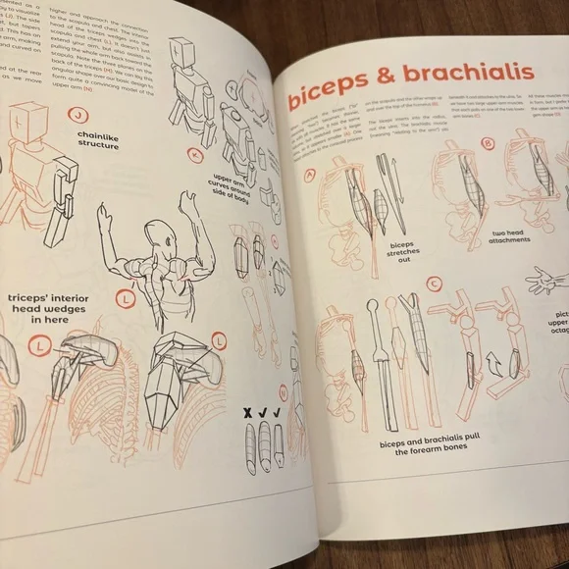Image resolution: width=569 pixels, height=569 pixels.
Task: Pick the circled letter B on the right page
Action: click(489, 145)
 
